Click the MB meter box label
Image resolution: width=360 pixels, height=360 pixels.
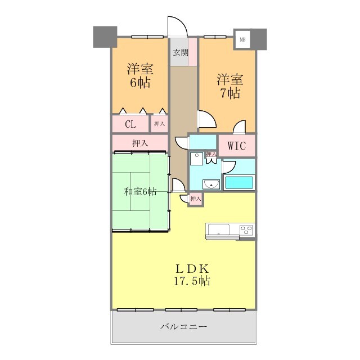[x=242, y=39]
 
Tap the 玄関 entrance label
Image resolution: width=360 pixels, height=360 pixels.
[x=181, y=52]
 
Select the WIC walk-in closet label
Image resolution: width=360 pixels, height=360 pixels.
[x=237, y=146]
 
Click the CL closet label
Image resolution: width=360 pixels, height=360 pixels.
[x=130, y=124]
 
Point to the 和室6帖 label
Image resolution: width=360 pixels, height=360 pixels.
[x=140, y=191]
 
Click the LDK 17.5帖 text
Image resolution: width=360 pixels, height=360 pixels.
[x=192, y=274]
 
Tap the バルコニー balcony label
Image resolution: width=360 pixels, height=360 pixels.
[x=183, y=326]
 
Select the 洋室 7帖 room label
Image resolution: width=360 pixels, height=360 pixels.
[x=230, y=86]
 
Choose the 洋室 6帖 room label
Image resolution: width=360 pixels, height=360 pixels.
[x=140, y=75]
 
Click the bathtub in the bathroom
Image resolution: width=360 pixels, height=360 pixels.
[x=239, y=182]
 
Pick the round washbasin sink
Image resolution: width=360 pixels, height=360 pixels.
[x=211, y=184]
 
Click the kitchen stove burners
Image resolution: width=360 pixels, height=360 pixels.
[x=246, y=230]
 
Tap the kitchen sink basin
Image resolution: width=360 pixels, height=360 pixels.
[x=219, y=229]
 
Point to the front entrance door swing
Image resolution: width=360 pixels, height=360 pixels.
[x=178, y=26]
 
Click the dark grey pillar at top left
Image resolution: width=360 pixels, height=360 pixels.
[x=105, y=37]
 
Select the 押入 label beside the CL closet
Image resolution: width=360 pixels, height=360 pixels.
[x=159, y=124]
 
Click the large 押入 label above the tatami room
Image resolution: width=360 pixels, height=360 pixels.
[x=140, y=143]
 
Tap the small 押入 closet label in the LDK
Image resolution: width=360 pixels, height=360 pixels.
[x=196, y=199]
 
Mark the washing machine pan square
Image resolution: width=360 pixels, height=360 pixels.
[x=196, y=159]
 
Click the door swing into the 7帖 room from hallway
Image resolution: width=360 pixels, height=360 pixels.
[x=207, y=119]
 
